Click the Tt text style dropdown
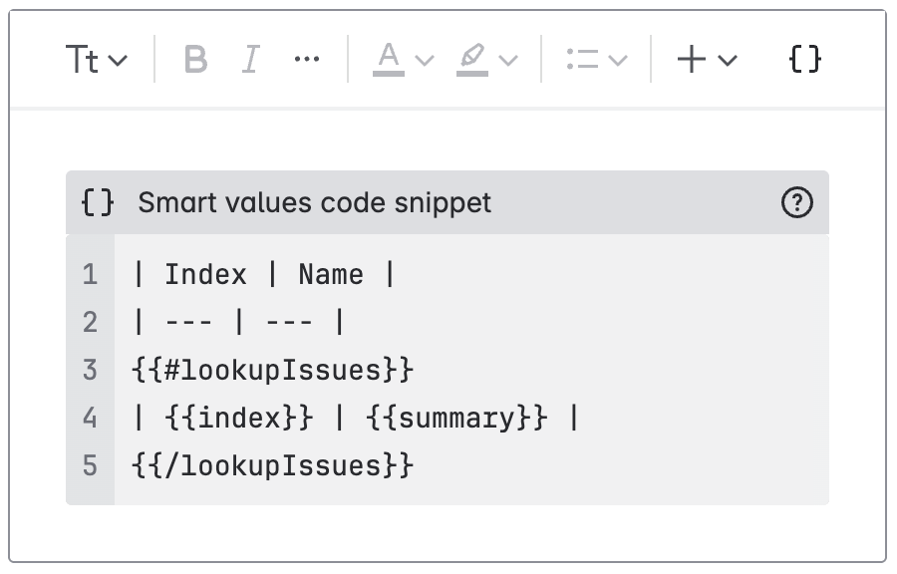click(x=96, y=60)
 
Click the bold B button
click(x=196, y=60)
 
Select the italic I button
click(x=251, y=60)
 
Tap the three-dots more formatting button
click(x=307, y=60)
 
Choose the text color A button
click(x=389, y=60)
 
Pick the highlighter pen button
click(x=472, y=60)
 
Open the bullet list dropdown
click(x=596, y=60)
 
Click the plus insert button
click(x=692, y=60)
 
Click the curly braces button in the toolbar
click(x=804, y=60)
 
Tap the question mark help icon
click(x=797, y=203)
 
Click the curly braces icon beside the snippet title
click(x=98, y=203)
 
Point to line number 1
click(x=91, y=274)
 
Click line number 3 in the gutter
click(x=91, y=370)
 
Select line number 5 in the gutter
click(x=91, y=465)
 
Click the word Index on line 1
click(x=205, y=274)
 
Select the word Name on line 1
click(x=331, y=274)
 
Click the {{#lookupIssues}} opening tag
click(x=272, y=370)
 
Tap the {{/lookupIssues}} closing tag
click(x=272, y=465)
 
